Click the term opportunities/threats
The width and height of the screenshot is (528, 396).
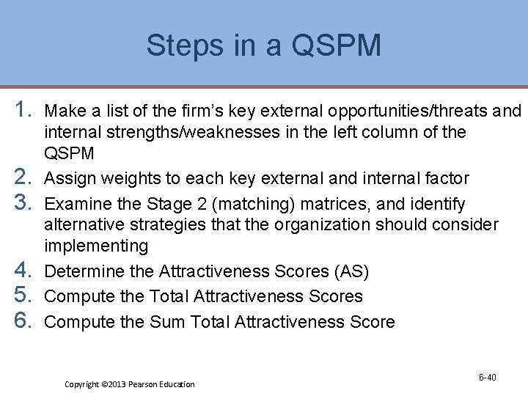click(408, 111)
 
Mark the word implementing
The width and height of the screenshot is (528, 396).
click(96, 246)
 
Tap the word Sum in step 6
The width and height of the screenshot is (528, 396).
click(166, 322)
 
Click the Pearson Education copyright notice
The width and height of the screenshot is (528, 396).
click(130, 384)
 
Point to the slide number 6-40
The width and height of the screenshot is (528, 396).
click(488, 378)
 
